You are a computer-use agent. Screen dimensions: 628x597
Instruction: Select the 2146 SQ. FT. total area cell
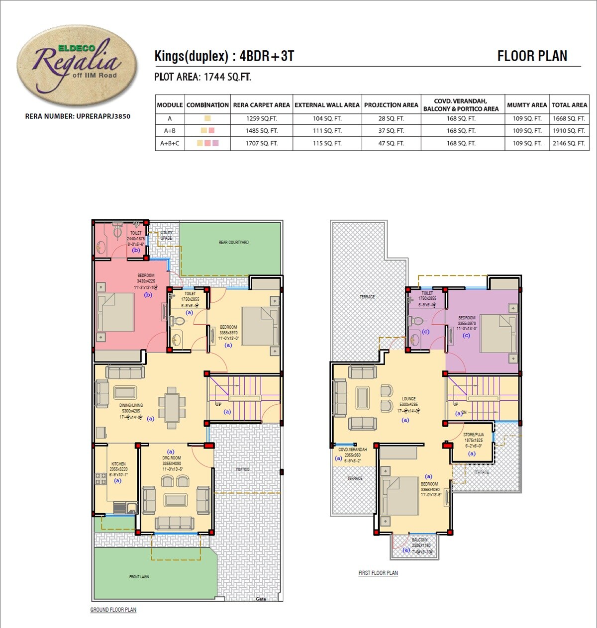[x=569, y=143]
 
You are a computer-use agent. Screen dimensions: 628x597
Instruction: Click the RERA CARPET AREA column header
[x=261, y=105]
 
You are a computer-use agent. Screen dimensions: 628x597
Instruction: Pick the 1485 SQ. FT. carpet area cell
[x=261, y=131]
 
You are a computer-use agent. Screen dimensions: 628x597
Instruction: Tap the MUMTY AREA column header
[x=527, y=105]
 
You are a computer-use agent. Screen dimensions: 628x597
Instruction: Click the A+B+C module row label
[x=170, y=143]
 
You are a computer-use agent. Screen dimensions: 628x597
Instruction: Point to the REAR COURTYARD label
[x=233, y=243]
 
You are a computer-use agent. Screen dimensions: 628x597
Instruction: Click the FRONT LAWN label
[x=139, y=577]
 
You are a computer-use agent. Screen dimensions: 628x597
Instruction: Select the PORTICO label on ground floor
[x=243, y=469]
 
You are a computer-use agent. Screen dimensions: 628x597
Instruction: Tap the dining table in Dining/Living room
[x=172, y=408]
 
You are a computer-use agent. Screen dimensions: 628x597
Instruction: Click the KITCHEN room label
[x=118, y=464]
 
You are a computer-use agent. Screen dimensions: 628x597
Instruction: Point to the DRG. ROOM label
[x=172, y=458]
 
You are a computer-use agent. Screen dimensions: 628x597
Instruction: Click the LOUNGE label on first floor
[x=408, y=399]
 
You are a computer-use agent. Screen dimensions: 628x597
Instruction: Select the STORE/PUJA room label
[x=473, y=435]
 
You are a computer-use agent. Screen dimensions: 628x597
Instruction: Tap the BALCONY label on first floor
[x=420, y=540]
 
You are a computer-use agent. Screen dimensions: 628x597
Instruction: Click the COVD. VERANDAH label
[x=352, y=449]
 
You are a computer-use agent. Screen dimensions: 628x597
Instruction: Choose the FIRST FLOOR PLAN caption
[x=378, y=573]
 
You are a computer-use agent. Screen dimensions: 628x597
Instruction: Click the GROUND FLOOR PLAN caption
[x=113, y=610]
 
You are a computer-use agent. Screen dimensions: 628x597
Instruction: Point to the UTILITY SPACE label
[x=167, y=235]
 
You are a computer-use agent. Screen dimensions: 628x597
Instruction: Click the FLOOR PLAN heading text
[x=532, y=56]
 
